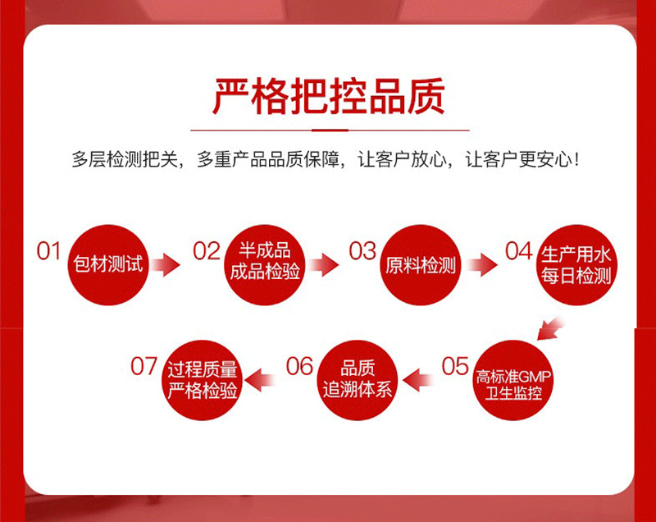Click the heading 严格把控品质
click(x=328, y=95)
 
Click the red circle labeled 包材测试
click(x=107, y=264)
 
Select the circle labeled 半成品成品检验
click(x=265, y=262)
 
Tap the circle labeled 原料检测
click(x=421, y=264)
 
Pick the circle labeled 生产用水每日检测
click(x=576, y=264)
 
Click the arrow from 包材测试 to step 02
click(x=166, y=264)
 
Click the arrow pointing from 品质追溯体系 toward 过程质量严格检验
click(x=260, y=378)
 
